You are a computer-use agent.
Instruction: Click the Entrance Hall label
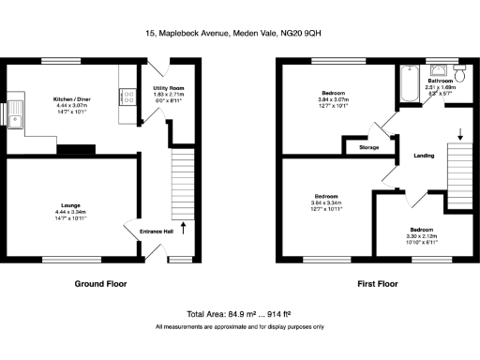point(156,232)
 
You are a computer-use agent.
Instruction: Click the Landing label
point(424,155)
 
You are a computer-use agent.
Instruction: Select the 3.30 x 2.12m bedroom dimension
point(420,235)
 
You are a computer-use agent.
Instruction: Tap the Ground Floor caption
point(100,282)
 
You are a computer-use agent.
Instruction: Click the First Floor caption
point(377,282)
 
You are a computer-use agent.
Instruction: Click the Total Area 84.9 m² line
point(239,313)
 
